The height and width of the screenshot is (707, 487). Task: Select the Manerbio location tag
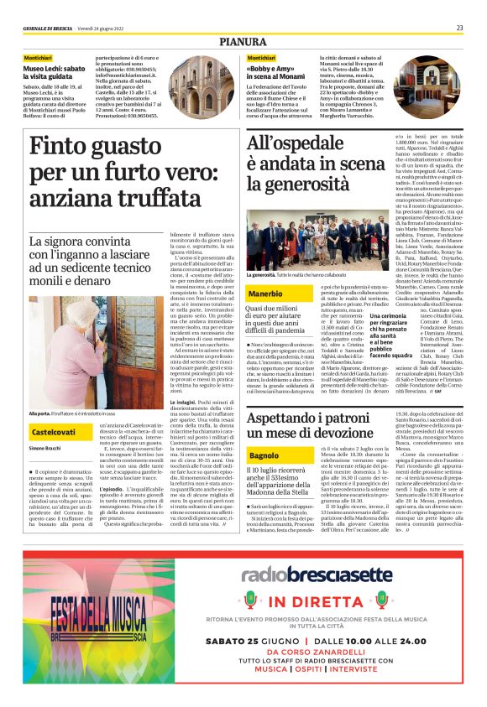click(x=266, y=294)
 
